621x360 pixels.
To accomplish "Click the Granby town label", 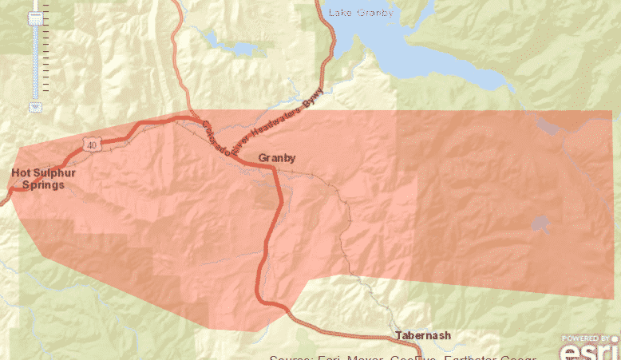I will tap(277, 158).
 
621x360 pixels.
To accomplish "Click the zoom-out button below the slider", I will tap(35, 106).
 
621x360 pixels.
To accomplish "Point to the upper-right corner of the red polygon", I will tap(611, 111).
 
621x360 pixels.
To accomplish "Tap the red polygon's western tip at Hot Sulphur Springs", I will tap(10, 190).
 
